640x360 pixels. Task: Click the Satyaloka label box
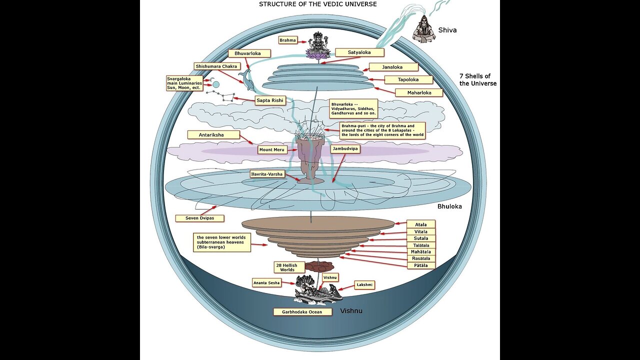(x=359, y=52)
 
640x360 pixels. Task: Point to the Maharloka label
(x=419, y=92)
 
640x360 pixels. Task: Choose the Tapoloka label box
(x=408, y=80)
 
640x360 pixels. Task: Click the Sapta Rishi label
(x=270, y=100)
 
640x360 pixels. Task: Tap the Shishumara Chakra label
(x=216, y=66)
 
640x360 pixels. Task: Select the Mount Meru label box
(x=271, y=149)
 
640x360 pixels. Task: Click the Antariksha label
(x=213, y=134)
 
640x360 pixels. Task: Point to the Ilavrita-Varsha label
(x=267, y=174)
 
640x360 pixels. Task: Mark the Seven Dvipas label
(x=199, y=218)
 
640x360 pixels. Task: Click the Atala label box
(x=421, y=224)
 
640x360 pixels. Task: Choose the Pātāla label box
(x=421, y=265)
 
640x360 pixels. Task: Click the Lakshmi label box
(x=364, y=284)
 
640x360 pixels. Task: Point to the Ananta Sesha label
(x=267, y=283)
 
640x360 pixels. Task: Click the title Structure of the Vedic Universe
(x=317, y=4)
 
